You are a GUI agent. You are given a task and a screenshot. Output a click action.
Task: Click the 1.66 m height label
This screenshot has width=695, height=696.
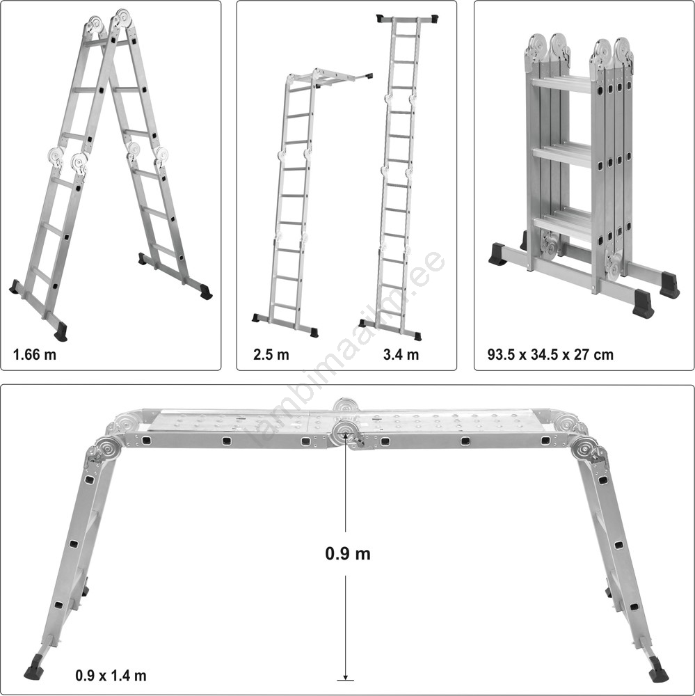click(x=35, y=355)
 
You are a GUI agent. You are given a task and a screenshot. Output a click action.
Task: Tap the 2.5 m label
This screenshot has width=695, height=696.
click(x=271, y=355)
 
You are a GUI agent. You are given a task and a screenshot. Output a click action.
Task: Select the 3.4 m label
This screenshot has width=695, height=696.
click(x=401, y=355)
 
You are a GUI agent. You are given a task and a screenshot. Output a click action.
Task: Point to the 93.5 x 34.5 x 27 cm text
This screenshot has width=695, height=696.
click(x=550, y=355)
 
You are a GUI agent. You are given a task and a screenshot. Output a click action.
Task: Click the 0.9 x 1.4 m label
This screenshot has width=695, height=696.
click(x=111, y=676)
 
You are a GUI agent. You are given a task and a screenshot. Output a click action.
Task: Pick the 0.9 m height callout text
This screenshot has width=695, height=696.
click(x=348, y=553)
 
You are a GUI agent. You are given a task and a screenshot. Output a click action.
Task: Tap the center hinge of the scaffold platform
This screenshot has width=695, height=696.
click(x=345, y=432)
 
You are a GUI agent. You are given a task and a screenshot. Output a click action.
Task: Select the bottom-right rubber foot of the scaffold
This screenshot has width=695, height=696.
click(x=657, y=674)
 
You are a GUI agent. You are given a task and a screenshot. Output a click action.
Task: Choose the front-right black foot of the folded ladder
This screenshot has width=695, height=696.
click(x=643, y=303)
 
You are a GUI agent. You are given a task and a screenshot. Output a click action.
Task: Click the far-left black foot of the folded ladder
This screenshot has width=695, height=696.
click(x=498, y=254)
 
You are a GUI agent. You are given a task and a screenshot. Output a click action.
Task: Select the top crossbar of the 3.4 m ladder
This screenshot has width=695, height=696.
click(x=408, y=19)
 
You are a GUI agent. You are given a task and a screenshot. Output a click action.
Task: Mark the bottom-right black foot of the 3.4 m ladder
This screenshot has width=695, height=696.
click(x=417, y=336)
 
